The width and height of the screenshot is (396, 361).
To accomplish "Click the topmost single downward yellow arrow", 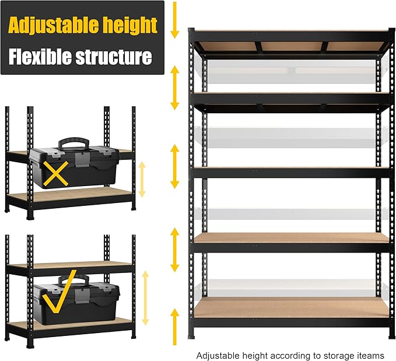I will tap(174, 20).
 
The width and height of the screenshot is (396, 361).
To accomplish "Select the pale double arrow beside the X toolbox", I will tap(140, 179).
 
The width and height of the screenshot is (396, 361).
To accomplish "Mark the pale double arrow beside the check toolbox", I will tap(145, 306).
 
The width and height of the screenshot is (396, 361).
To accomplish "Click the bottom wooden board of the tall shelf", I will tap(290, 307).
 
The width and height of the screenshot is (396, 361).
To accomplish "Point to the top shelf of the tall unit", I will tap(290, 36).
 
